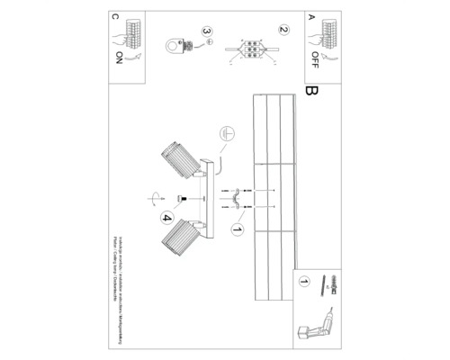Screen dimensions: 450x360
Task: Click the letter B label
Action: point(312,91)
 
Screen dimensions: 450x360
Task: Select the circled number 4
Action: point(166,215)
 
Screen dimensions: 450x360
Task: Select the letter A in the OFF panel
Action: point(312,16)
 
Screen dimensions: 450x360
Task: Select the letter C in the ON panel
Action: point(115,16)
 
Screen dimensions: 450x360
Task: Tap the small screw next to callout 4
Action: point(181,198)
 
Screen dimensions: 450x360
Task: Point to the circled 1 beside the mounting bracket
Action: point(238,229)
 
